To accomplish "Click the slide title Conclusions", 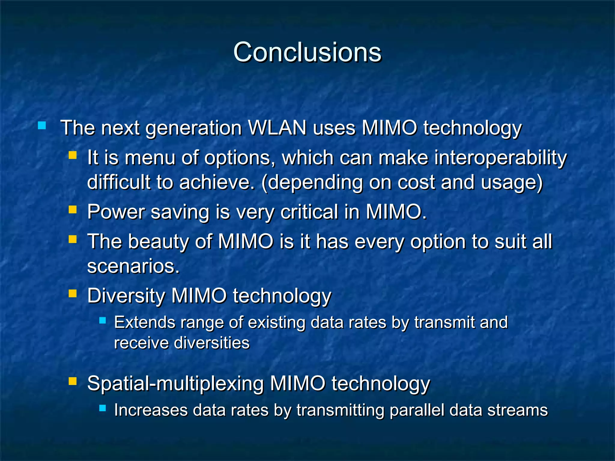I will (x=307, y=52).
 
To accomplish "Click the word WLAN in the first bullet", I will (x=277, y=128).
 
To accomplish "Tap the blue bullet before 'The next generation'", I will (x=42, y=125).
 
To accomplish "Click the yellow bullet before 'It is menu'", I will (x=72, y=155).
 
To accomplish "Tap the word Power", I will (x=116, y=212).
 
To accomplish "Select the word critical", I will (x=309, y=212).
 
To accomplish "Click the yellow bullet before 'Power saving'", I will (x=72, y=209).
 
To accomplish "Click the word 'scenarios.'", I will (x=133, y=266).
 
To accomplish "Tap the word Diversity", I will (x=126, y=296).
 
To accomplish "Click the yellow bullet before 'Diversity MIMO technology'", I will (x=72, y=293).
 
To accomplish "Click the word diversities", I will (x=212, y=343).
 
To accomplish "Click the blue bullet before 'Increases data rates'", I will (x=102, y=408).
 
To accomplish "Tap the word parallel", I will (x=417, y=410).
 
